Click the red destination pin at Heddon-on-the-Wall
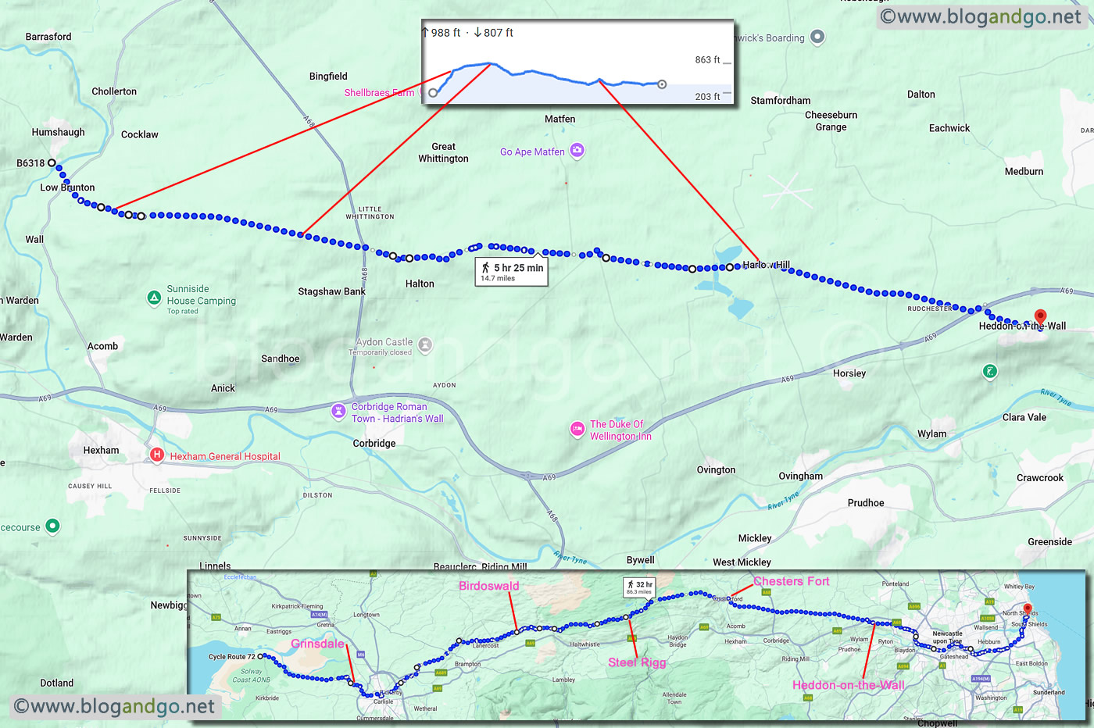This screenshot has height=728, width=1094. pyautogui.click(x=1040, y=317)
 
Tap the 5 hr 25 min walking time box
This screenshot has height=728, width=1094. pyautogui.click(x=512, y=272)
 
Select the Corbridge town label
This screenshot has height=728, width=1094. pyautogui.click(x=374, y=443)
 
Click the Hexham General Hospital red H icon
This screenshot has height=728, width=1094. pyautogui.click(x=156, y=455)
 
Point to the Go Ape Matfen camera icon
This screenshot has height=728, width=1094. pyautogui.click(x=577, y=150)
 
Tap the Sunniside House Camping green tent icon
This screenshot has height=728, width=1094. pyautogui.click(x=155, y=298)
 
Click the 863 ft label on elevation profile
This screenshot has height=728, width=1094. pyautogui.click(x=707, y=60)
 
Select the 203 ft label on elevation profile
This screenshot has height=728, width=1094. pyautogui.click(x=707, y=97)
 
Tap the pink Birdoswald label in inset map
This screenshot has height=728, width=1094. pyautogui.click(x=488, y=586)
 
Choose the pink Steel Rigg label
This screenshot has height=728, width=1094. pyautogui.click(x=637, y=662)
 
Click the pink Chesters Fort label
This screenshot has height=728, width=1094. pyautogui.click(x=791, y=581)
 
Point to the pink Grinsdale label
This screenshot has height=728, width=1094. pyautogui.click(x=317, y=644)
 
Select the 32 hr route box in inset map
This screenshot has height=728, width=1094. pyautogui.click(x=638, y=587)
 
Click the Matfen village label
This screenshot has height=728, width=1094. pyautogui.click(x=560, y=119)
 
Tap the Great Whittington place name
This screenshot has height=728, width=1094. pyautogui.click(x=443, y=152)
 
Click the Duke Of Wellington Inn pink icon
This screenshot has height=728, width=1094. pyautogui.click(x=577, y=428)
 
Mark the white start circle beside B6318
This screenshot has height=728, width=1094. pyautogui.click(x=52, y=163)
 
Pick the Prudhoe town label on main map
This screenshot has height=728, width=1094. pyautogui.click(x=866, y=502)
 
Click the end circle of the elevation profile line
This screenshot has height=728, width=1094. pyautogui.click(x=662, y=84)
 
